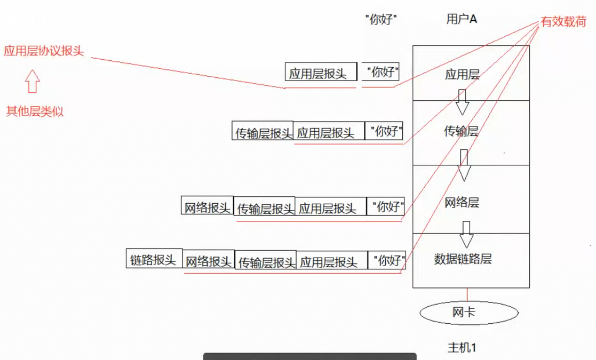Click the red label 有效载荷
tap(563, 22)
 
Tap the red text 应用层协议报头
tap(44, 51)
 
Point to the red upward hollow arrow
tap(33, 81)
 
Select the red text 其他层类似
tap(35, 111)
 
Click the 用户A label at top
tap(462, 19)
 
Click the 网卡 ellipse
tap(469, 313)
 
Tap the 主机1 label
tap(462, 347)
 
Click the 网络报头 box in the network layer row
tap(207, 205)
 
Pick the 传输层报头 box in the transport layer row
tap(263, 131)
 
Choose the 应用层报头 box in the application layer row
tap(321, 71)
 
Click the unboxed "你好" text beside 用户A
tap(382, 19)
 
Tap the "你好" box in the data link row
tap(387, 260)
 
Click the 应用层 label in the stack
tap(462, 74)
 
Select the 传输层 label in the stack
tap(461, 131)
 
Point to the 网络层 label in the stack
tap(462, 203)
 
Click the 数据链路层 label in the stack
tap(463, 259)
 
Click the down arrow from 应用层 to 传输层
tap(462, 102)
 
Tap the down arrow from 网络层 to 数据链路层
tap(466, 235)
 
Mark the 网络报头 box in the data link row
tap(209, 259)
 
